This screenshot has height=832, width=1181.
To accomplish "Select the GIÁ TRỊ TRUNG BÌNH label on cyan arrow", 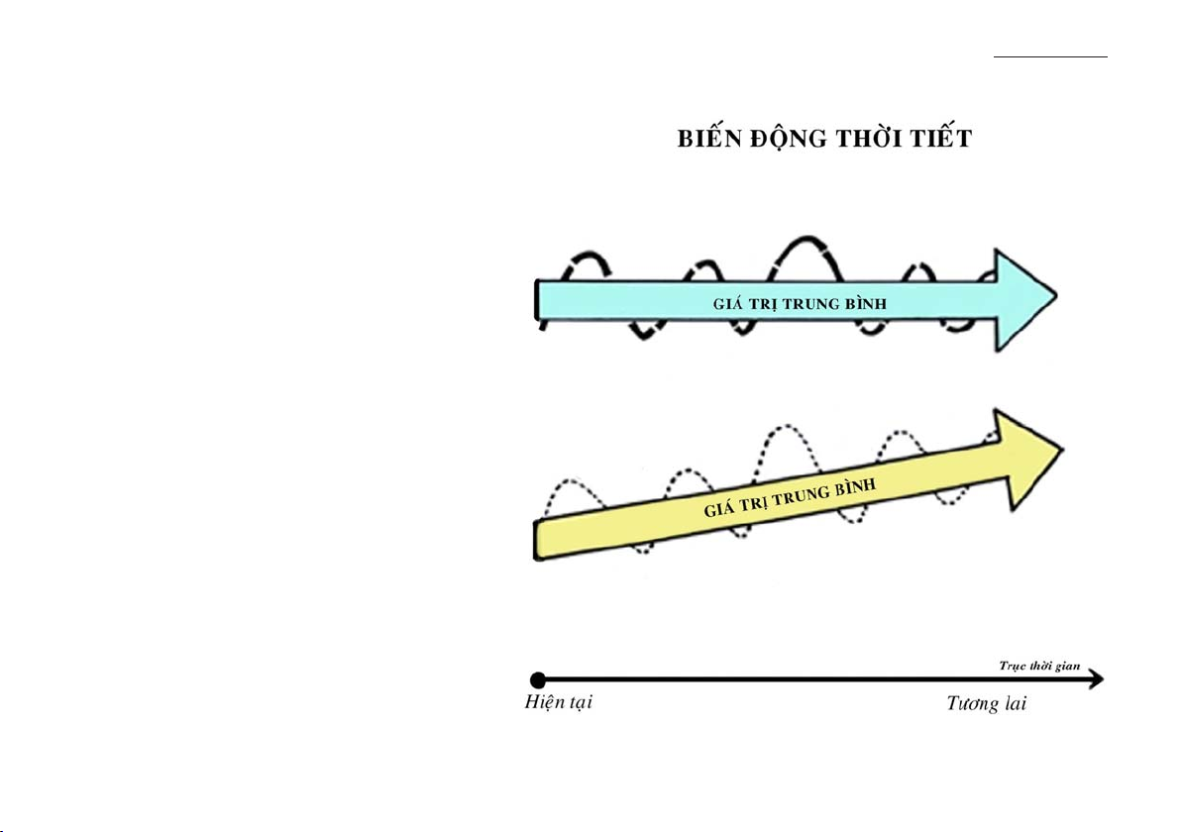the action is [x=800, y=304].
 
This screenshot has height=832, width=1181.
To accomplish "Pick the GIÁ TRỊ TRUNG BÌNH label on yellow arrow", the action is [x=790, y=497].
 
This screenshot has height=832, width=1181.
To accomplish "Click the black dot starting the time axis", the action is [x=538, y=679].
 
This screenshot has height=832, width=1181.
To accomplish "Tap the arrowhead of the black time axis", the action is [x=1097, y=679].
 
